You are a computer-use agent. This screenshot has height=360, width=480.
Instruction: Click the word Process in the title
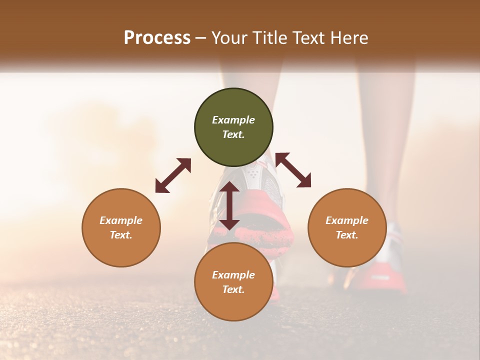point(157,38)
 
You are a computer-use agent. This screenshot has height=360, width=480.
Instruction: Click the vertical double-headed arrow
point(229,205)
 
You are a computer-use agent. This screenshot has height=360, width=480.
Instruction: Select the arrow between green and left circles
point(173,175)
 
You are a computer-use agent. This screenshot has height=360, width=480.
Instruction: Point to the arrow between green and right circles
point(293,170)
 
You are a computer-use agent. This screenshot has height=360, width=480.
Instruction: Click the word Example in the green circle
point(233,120)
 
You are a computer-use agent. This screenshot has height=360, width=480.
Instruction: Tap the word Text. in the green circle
point(233,134)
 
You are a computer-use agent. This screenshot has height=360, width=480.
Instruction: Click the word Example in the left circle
point(121,220)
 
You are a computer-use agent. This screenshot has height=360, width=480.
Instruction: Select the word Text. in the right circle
point(347,235)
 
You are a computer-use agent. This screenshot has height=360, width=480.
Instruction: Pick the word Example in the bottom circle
point(233,275)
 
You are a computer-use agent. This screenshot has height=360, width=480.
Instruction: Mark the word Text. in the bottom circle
point(233,289)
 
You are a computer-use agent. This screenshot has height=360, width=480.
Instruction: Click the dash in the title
point(201,38)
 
